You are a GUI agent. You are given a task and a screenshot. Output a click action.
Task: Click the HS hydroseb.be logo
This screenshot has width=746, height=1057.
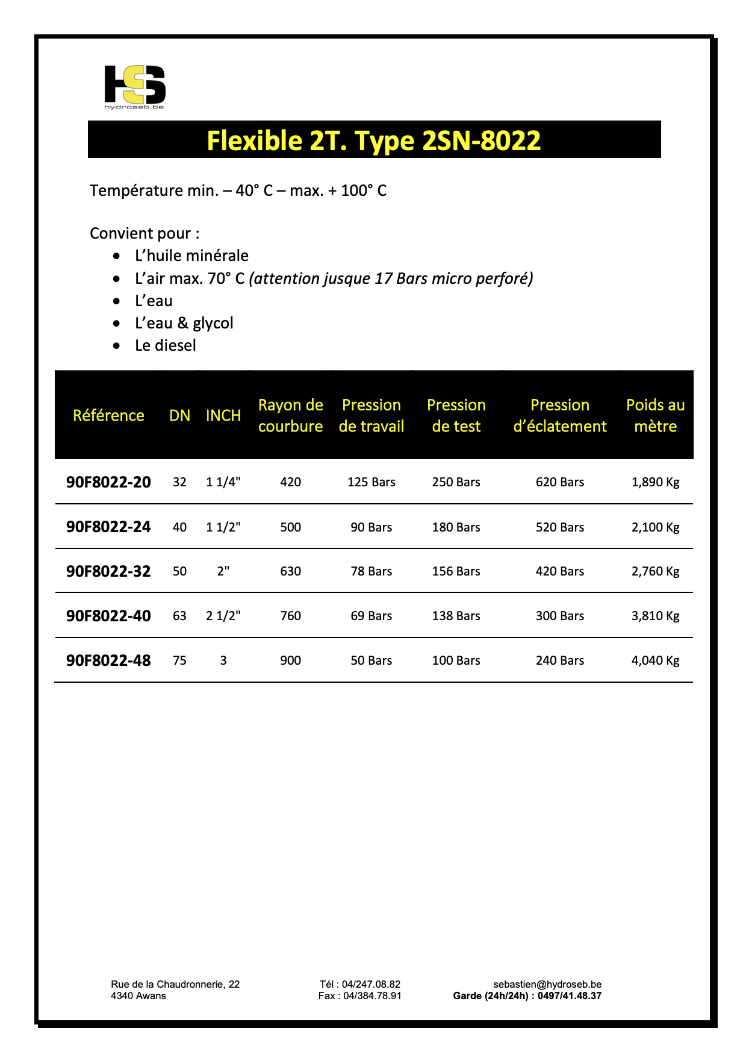pos(135,86)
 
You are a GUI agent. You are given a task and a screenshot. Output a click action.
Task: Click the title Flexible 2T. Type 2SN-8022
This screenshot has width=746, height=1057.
pos(373,140)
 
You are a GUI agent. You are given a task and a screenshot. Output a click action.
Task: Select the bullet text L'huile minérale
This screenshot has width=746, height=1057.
pos(191,256)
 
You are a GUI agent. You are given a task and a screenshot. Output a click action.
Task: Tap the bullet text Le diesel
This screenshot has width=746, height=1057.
pos(165,345)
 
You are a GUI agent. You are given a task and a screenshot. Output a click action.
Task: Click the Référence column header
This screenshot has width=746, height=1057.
pos(108,415)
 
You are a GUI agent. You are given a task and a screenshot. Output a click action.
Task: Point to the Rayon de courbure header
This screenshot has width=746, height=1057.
pos(290,415)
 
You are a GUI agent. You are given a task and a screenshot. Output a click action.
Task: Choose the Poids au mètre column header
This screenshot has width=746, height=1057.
pos(655,415)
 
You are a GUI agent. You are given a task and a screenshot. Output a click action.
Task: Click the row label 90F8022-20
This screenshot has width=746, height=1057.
pos(108,482)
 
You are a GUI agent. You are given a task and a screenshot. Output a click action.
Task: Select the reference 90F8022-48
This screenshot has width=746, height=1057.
pos(108,660)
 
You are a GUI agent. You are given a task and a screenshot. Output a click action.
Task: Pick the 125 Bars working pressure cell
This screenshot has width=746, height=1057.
pos(371,482)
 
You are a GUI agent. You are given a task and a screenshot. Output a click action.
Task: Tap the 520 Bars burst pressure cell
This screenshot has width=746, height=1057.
pos(559,527)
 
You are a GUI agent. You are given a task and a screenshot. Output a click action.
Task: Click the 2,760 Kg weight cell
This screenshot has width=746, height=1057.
pos(655,571)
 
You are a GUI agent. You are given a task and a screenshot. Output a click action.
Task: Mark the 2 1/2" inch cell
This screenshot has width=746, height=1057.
pos(223,616)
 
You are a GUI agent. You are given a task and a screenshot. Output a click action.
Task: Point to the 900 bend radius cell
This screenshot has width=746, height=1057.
pos(290,660)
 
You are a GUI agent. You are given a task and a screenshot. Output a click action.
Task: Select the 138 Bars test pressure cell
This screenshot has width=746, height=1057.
pos(456,616)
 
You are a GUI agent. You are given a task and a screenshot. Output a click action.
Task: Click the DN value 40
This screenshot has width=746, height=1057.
pos(179,527)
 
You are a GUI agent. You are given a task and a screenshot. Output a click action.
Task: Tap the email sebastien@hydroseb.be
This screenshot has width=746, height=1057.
pos(547,984)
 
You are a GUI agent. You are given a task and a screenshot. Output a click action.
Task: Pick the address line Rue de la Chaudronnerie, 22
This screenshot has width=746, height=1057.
pos(175,984)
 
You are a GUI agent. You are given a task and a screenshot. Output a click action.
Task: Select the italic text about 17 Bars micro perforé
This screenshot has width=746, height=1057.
pos(391,278)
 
